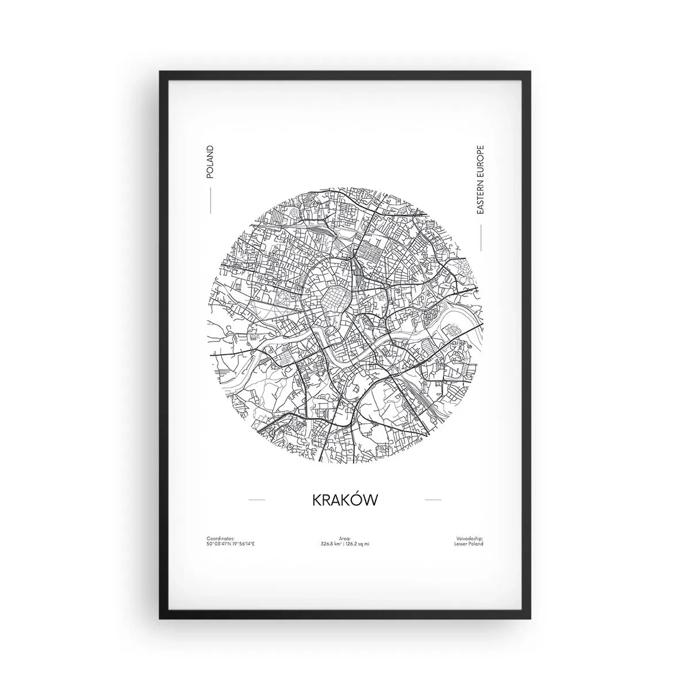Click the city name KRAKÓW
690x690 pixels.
[345, 500]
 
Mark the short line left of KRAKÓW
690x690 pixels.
[256, 500]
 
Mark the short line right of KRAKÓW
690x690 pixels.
[432, 500]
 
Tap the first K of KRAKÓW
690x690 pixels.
[317, 500]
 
